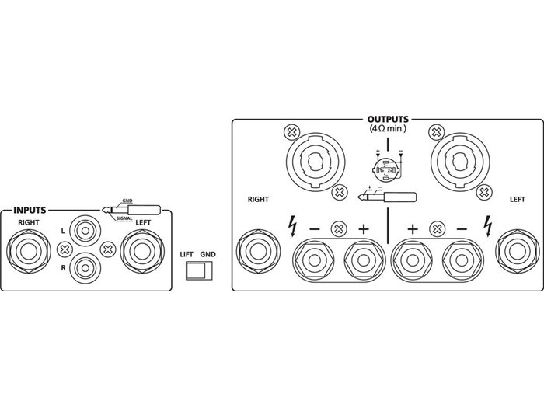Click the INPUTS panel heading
30,210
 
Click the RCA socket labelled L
85,231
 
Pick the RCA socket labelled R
85,268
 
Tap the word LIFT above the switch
186,254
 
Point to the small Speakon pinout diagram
385,166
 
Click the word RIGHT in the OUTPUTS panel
258,199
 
